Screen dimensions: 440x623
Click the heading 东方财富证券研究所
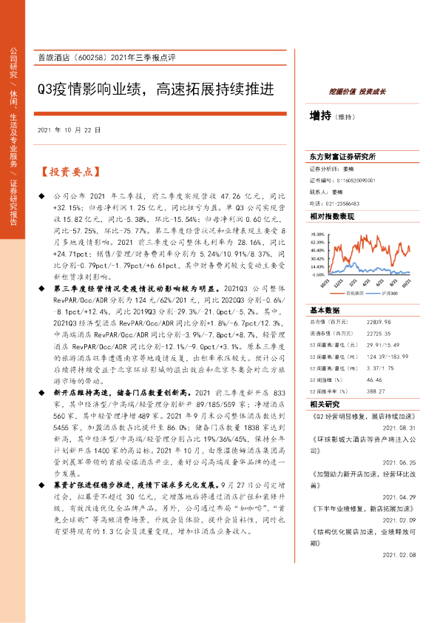[x=343, y=157]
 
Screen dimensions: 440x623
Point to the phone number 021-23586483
[x=342, y=203]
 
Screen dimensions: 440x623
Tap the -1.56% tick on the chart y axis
[x=319, y=272]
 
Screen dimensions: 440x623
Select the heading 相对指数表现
[x=332, y=215]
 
